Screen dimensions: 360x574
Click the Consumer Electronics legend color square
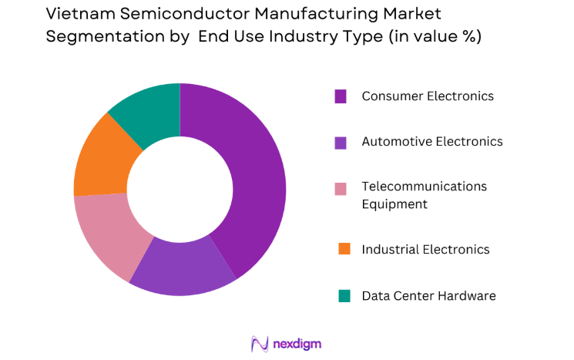point(341,96)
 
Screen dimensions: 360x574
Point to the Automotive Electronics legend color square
point(341,142)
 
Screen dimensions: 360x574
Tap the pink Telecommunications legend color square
point(341,187)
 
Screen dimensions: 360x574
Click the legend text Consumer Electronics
point(428,96)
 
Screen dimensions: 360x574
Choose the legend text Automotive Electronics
point(431,142)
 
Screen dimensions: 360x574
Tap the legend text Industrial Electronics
point(425,249)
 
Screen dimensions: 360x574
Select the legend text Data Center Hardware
point(428,295)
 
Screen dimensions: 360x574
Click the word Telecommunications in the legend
point(424,187)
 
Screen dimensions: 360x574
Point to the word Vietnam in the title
point(77,14)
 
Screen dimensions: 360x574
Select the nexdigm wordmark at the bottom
point(297,344)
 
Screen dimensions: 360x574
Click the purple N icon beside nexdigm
point(259,343)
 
